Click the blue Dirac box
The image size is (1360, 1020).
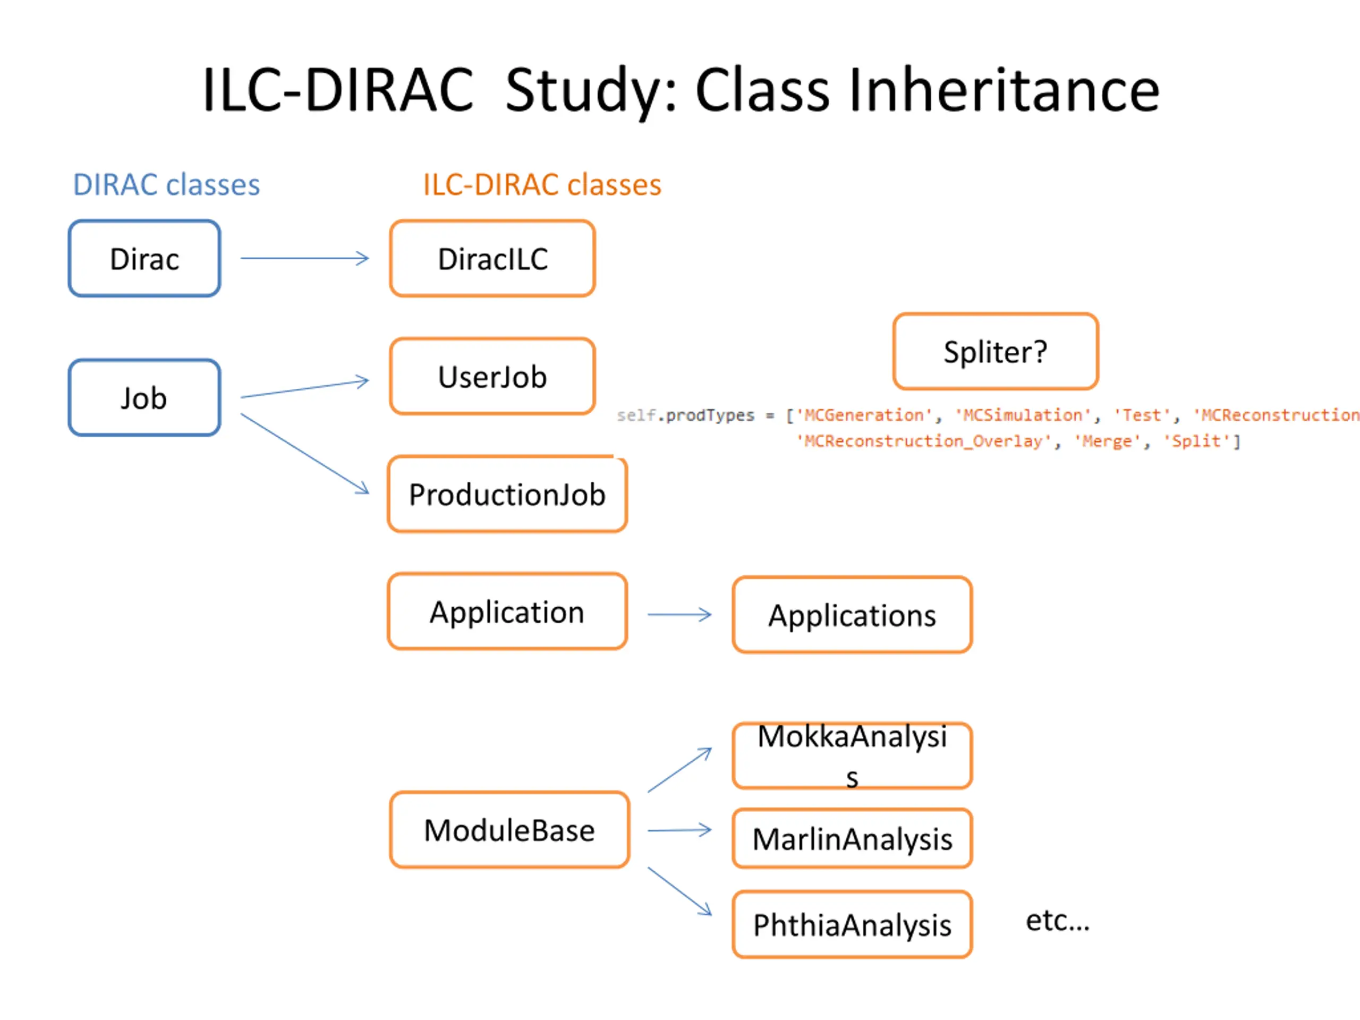pyautogui.click(x=144, y=258)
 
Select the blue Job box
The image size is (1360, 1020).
pyautogui.click(x=144, y=398)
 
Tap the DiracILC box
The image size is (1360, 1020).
pyautogui.click(x=492, y=258)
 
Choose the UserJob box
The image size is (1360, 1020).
pyautogui.click(x=492, y=376)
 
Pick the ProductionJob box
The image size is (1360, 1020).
pyautogui.click(x=507, y=494)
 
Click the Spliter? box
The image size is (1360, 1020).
pyautogui.click(x=996, y=352)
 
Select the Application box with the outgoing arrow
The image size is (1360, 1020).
pyautogui.click(x=507, y=612)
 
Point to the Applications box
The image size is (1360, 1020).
pyautogui.click(x=852, y=615)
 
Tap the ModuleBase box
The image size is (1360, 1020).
pyautogui.click(x=509, y=830)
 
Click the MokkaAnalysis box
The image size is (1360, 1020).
pyautogui.click(x=852, y=755)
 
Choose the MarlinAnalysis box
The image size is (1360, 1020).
pyautogui.click(x=852, y=839)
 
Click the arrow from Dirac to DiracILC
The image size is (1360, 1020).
pyautogui.click(x=304, y=258)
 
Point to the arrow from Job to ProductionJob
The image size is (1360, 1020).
pyautogui.click(x=304, y=453)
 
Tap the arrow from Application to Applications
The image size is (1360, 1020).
pyautogui.click(x=679, y=614)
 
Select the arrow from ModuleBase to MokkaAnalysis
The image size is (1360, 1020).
pyautogui.click(x=679, y=770)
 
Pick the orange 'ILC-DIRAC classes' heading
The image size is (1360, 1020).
pyautogui.click(x=542, y=184)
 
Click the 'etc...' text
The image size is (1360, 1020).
pyautogui.click(x=1058, y=921)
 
